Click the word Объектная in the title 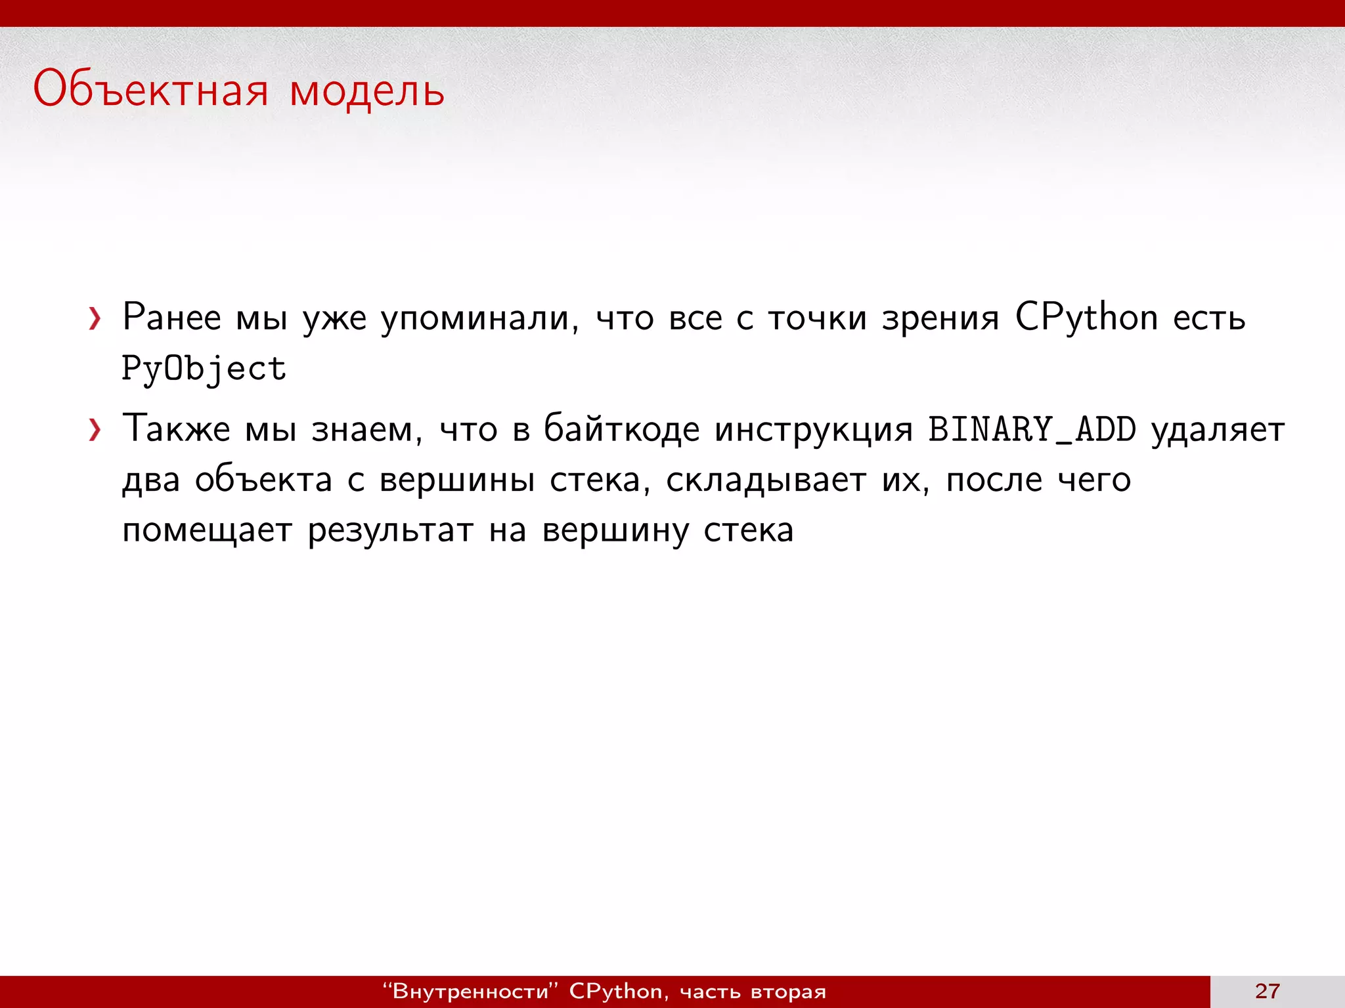point(150,90)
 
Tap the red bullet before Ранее point(95,319)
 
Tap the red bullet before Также point(95,430)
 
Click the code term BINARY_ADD point(1032,430)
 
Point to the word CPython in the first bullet point(1086,318)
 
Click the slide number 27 point(1267,991)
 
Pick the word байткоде point(622,430)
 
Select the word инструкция point(814,430)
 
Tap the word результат point(390,531)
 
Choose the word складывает point(766,480)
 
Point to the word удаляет point(1218,430)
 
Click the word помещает point(207,531)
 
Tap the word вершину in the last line point(615,531)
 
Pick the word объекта point(264,480)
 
